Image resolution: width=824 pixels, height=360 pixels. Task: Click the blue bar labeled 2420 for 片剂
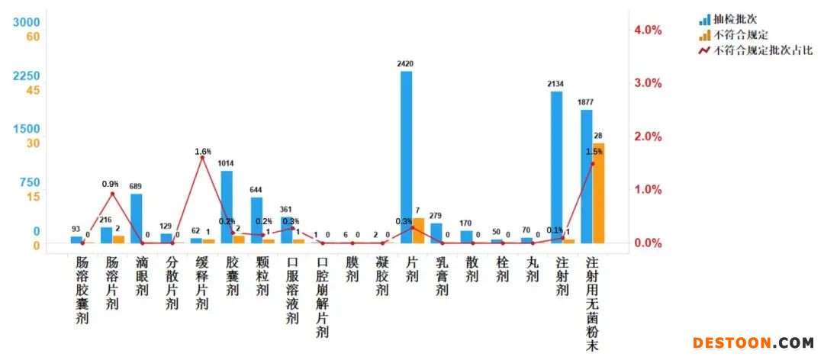pos(407,156)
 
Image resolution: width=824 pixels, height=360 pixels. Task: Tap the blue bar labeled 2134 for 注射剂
pos(556,167)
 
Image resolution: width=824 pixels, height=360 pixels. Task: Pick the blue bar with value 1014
pos(227,207)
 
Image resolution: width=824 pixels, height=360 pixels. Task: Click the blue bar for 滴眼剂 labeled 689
pos(136,218)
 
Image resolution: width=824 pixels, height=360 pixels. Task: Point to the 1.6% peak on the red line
pos(202,158)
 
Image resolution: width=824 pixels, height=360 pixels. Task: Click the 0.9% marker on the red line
pos(112,194)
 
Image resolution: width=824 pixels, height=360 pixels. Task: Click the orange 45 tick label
pos(32,90)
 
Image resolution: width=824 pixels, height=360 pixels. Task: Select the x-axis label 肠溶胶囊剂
pos(82,290)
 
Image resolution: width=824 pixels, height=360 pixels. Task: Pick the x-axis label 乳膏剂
pos(442,275)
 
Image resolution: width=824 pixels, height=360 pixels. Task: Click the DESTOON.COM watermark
pos(753,342)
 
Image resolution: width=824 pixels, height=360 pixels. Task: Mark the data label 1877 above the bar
pos(586,102)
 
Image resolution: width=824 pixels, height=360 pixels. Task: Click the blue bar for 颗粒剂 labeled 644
pos(256,220)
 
